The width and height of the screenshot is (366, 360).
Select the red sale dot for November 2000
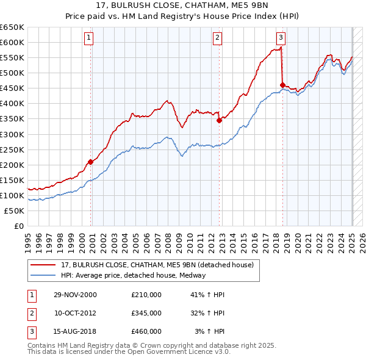pos(91,162)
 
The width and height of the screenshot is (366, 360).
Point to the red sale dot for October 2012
pos(219,120)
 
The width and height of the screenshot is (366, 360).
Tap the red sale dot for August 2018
pos(282,85)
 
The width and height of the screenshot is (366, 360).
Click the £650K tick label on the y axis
pos(12,27)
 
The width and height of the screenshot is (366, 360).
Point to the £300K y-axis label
pos(12,134)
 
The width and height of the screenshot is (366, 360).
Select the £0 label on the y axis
pos(20,226)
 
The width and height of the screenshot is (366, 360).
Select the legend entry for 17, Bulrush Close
pos(161,265)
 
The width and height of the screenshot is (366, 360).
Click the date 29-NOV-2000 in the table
pos(74,295)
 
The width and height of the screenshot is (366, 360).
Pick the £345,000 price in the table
pos(146,313)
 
